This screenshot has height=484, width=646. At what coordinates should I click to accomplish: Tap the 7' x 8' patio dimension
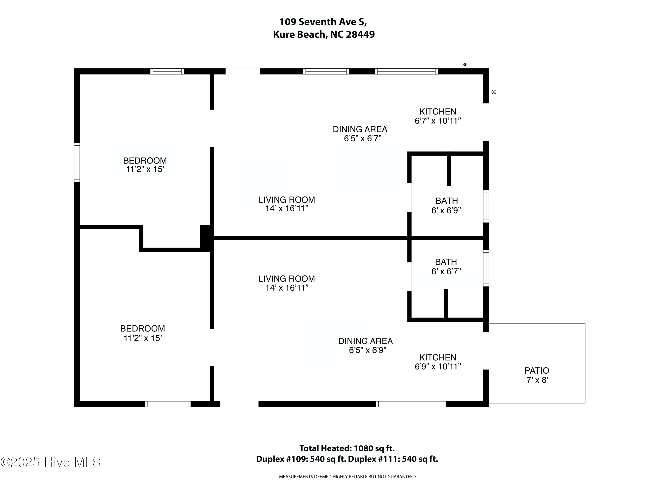[537, 380]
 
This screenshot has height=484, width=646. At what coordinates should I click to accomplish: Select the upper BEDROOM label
[145, 161]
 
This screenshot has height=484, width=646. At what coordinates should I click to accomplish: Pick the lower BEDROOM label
[143, 328]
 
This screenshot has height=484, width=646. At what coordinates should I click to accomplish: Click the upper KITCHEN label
[438, 111]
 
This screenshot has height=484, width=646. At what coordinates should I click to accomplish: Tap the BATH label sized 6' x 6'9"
[447, 201]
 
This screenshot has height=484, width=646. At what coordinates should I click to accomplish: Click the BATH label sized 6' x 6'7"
[446, 262]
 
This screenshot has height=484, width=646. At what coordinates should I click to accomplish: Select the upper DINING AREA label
[360, 129]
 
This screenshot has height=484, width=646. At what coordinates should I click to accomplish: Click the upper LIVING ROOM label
[286, 200]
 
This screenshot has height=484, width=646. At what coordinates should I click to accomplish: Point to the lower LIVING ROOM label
[286, 278]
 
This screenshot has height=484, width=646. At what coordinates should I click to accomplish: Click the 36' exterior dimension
[465, 65]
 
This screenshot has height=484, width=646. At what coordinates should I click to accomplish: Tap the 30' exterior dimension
[494, 92]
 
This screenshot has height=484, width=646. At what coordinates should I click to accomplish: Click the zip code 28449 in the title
[360, 34]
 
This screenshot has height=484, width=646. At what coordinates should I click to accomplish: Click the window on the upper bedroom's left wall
[77, 162]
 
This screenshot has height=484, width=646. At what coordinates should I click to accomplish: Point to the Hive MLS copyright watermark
[51, 462]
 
